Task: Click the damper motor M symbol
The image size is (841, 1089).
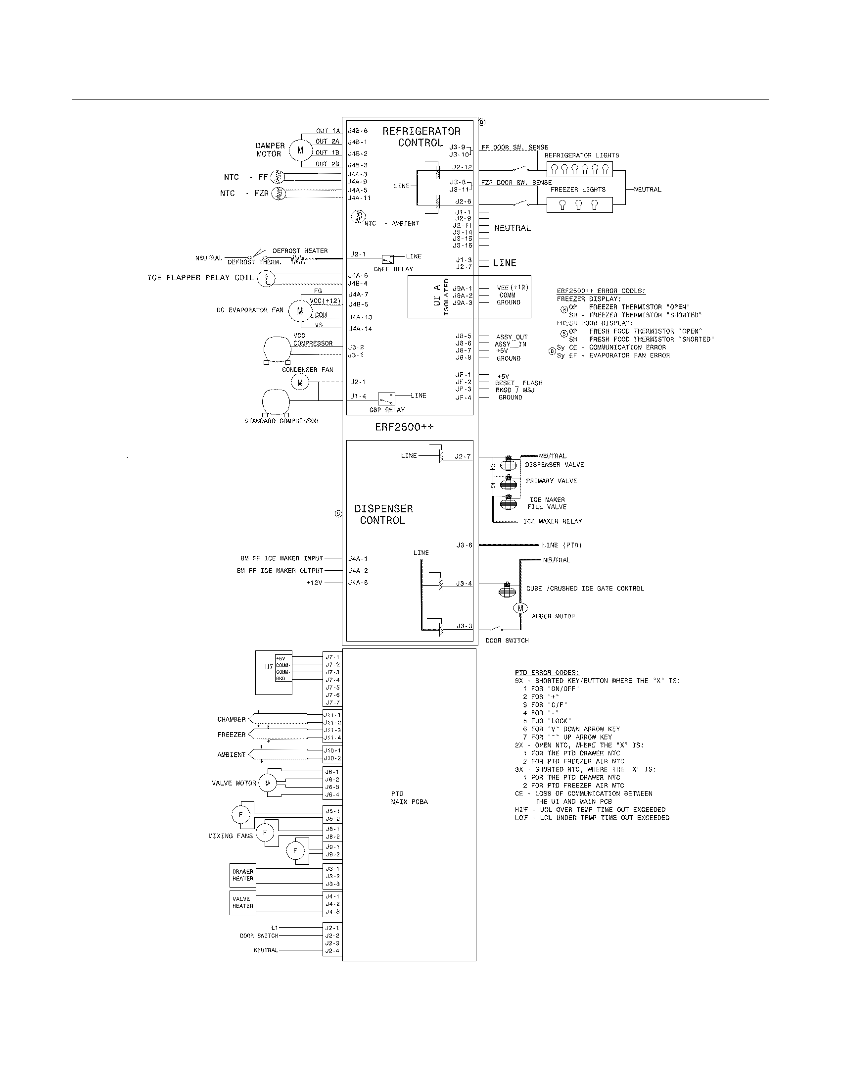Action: point(300,149)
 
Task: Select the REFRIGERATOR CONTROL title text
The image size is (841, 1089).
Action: point(421,137)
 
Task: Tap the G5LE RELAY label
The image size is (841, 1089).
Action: point(393,269)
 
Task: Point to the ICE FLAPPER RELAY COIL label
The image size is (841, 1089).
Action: point(200,278)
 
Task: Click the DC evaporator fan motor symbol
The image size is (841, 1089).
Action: point(300,311)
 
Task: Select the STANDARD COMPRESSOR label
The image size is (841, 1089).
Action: point(281,421)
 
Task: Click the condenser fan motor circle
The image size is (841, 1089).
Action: point(300,383)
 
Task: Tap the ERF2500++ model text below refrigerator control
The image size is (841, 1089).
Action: point(404,427)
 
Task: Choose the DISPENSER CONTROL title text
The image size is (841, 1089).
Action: point(383,514)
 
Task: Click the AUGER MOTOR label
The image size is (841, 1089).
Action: point(553,616)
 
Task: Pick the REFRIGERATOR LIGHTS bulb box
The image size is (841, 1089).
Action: point(581,169)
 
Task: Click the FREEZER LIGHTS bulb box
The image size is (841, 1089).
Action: point(579,205)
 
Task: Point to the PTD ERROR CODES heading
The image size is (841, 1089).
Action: point(547,673)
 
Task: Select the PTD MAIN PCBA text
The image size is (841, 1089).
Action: point(409,798)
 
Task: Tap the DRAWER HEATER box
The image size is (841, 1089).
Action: point(242,875)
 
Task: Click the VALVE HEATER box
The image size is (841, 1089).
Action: point(242,902)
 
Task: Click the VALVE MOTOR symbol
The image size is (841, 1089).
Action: point(267,784)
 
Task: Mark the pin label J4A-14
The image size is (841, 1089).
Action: point(360,329)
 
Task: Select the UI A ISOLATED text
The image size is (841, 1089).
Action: point(441,297)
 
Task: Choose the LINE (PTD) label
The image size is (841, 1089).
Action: point(561,545)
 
